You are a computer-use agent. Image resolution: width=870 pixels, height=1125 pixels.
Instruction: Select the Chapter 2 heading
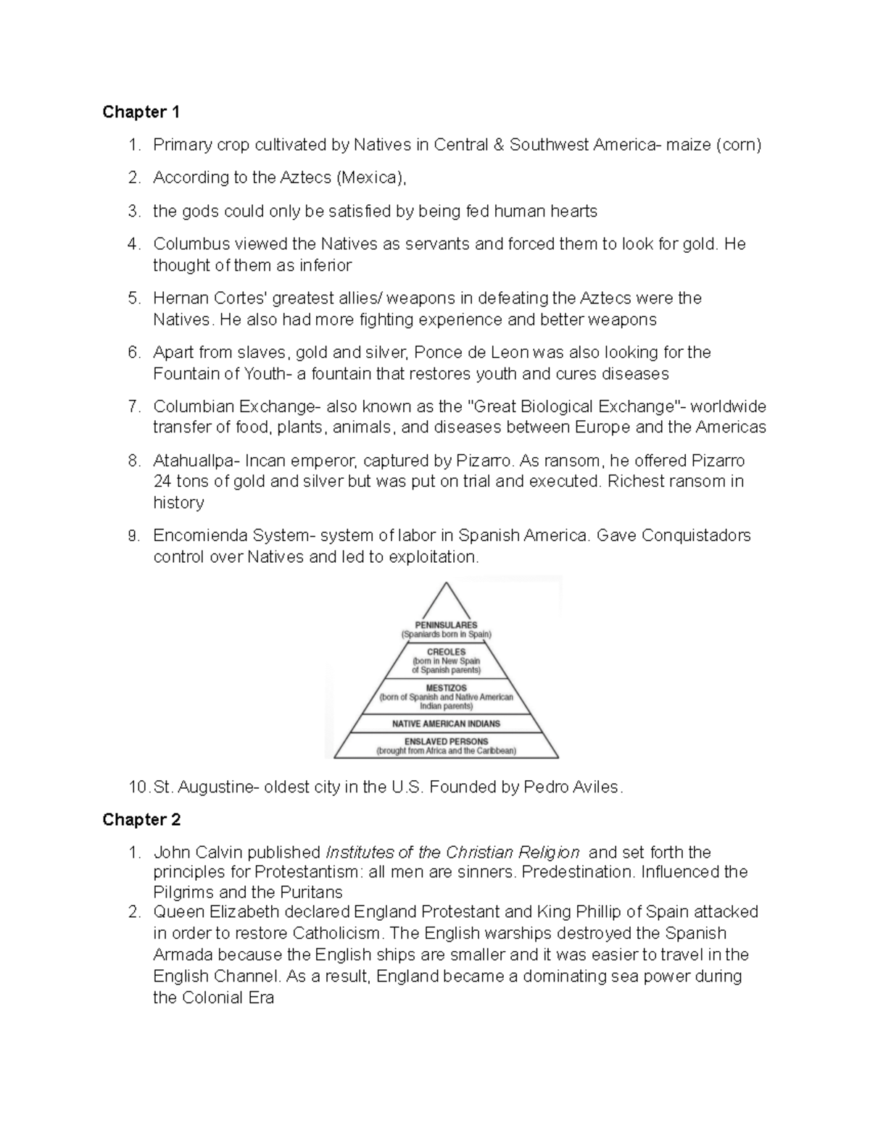(141, 819)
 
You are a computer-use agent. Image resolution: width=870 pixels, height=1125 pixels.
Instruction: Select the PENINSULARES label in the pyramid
(446, 624)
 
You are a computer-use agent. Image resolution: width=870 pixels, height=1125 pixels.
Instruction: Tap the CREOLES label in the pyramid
(446, 652)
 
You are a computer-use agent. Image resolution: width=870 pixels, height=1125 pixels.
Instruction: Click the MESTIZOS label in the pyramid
(446, 687)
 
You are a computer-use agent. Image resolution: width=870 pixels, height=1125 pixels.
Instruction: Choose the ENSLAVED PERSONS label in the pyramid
(446, 741)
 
